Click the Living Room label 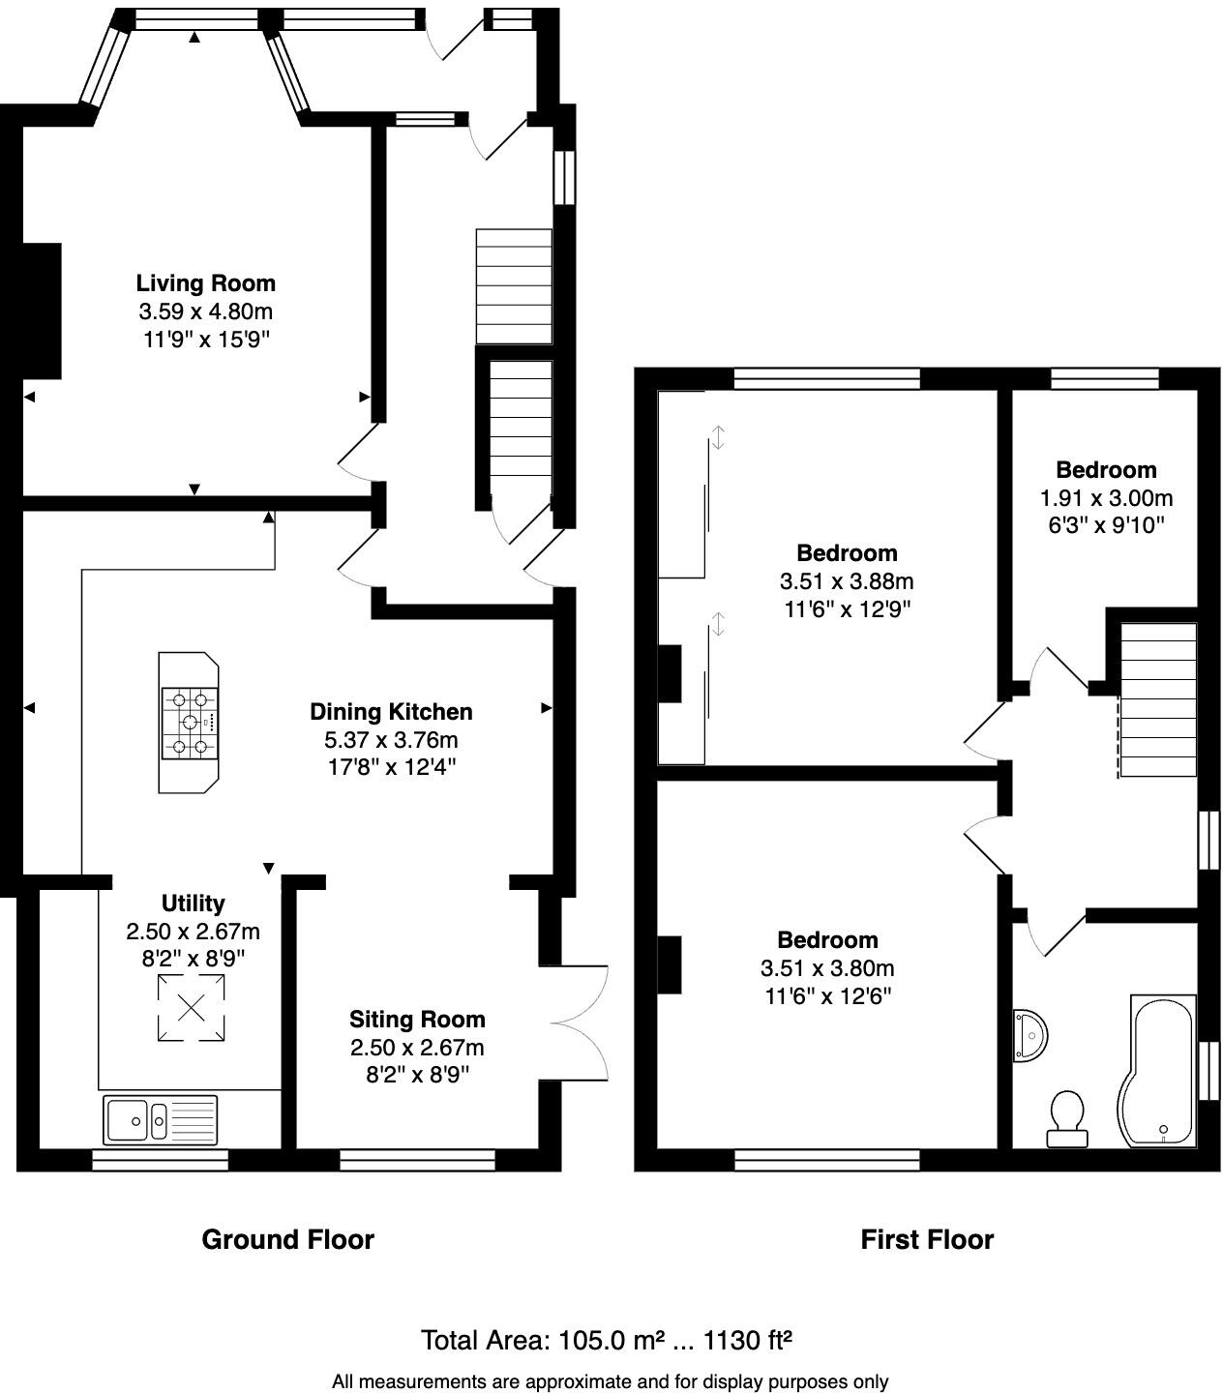205,283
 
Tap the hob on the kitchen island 190,723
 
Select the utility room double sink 162,1120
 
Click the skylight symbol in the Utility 191,1008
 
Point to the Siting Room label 417,1020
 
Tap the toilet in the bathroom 1067,1117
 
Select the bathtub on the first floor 1158,1072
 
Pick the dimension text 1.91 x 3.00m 1106,498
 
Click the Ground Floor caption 287,1239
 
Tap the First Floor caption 927,1239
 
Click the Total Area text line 607,1341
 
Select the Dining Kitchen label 391,712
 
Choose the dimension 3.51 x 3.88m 847,581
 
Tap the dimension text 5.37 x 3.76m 391,740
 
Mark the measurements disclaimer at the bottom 610,1382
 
